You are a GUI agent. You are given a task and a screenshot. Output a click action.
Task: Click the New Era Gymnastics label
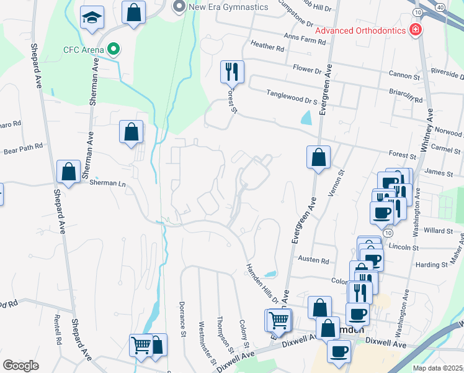point(229,7)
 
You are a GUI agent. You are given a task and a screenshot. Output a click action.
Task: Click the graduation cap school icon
point(92,19)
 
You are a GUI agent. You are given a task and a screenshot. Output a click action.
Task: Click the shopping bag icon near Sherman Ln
point(68,172)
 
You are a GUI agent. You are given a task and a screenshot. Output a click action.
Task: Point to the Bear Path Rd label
point(23,148)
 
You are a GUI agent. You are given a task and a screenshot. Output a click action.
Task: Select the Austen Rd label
point(313,260)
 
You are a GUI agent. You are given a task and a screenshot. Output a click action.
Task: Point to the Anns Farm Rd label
point(305,40)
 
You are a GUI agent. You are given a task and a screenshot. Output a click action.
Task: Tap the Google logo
point(21,365)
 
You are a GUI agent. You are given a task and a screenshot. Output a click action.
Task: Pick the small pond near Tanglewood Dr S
point(306,116)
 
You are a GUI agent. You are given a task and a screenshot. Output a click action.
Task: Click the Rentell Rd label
point(57,329)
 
